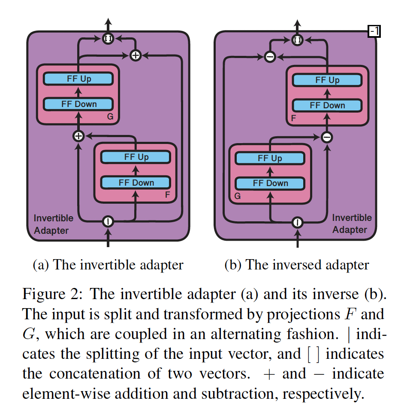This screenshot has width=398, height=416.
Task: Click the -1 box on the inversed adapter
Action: (374, 31)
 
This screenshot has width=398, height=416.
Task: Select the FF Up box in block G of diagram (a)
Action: (78, 79)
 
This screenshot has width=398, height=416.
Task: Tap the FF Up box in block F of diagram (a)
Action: (136, 157)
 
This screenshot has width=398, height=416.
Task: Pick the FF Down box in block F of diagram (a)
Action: (136, 182)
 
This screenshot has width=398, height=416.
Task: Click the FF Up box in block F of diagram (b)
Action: (327, 80)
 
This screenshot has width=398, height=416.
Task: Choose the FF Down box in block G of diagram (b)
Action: (270, 184)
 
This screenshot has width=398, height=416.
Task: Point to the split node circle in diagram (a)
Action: (108, 222)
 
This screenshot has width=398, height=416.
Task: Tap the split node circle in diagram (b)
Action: (297, 222)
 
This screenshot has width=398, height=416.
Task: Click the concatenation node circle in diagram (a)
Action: (108, 39)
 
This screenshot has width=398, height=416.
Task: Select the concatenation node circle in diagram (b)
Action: (297, 40)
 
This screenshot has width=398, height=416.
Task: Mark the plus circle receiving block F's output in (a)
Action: (78, 136)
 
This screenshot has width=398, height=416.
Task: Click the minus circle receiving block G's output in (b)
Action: (327, 137)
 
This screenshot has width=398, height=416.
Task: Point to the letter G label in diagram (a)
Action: (110, 116)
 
